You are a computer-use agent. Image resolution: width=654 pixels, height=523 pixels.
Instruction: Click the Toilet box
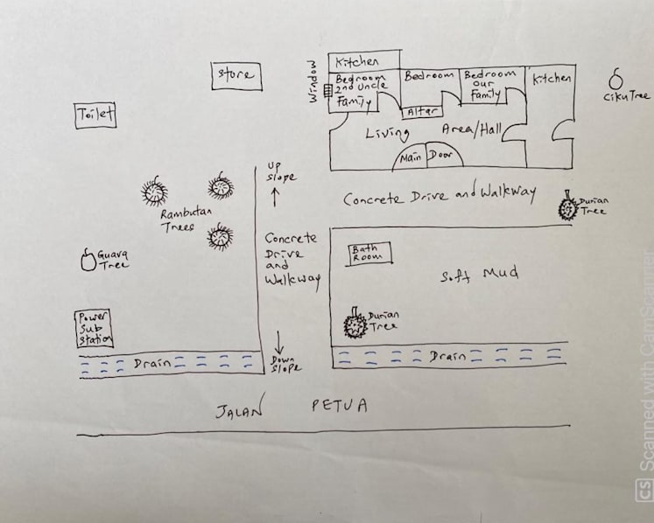(95, 115)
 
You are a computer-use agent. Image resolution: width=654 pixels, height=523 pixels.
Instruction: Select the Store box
(236, 76)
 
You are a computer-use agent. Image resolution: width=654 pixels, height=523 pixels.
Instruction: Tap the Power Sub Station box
(94, 329)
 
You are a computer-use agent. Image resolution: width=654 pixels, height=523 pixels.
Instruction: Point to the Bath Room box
(369, 254)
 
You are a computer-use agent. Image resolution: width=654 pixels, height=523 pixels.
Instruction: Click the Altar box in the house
(421, 112)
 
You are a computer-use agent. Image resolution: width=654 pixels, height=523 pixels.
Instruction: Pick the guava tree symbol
(88, 260)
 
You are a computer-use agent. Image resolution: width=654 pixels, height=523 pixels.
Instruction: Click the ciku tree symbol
(615, 80)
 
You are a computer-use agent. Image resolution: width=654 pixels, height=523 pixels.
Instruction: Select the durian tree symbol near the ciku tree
(567, 206)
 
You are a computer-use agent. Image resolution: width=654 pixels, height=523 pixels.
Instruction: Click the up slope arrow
(275, 197)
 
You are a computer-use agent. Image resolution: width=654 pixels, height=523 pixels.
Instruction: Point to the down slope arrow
(279, 343)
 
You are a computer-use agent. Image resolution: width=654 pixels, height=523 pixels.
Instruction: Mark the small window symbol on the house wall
(328, 91)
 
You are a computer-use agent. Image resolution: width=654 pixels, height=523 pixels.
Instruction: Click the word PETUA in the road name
(340, 405)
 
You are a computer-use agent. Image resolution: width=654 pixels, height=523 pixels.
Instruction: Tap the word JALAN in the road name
(240, 408)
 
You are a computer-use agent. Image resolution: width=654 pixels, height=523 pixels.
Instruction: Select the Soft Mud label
(480, 275)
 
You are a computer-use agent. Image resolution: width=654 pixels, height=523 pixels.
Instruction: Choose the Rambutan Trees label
(186, 220)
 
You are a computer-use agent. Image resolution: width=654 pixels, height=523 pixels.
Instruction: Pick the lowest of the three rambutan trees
(220, 237)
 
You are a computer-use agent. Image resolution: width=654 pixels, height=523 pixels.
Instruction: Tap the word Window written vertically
(313, 81)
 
